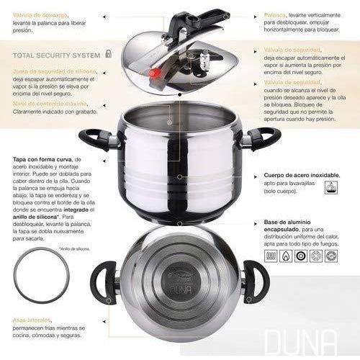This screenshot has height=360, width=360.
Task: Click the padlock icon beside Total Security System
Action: pos(108,53)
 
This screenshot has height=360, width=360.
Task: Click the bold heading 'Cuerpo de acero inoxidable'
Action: pos(302,175)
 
